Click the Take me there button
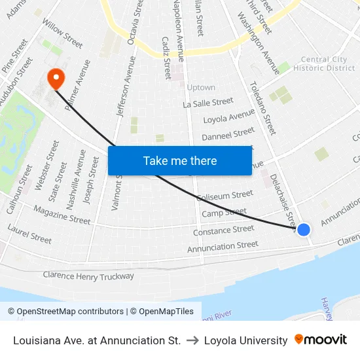[x=180, y=160]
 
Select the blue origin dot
[x=304, y=230]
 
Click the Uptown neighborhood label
[x=200, y=88]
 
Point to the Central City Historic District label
[x=324, y=64]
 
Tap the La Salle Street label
[x=208, y=103]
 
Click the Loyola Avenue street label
[x=228, y=117]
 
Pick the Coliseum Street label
[x=225, y=195]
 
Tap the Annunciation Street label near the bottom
[x=223, y=247]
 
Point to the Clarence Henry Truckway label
[x=88, y=276]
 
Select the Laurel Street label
[x=29, y=234]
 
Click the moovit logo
[x=321, y=340]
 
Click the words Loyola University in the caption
[x=245, y=340]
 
